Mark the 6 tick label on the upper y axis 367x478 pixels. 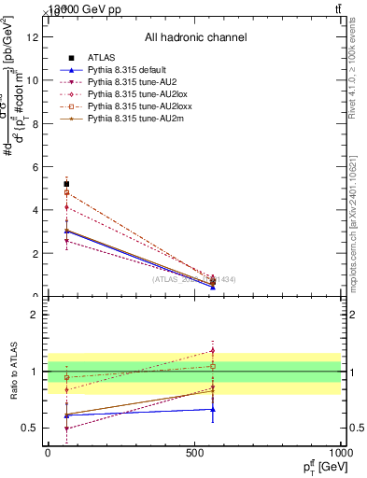pyautogui.click(x=35, y=167)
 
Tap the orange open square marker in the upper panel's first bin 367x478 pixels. pyautogui.click(x=66, y=192)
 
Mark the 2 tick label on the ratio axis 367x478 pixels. pyautogui.click(x=35, y=315)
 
